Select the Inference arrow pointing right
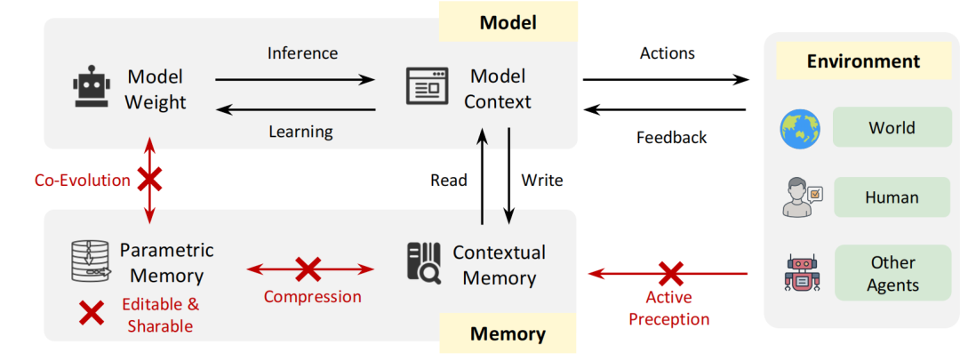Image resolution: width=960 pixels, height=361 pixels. (x=294, y=80)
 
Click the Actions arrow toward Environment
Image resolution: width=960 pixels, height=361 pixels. (x=665, y=80)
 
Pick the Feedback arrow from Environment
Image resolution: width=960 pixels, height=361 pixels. (x=665, y=109)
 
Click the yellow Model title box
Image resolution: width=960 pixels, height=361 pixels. (x=508, y=21)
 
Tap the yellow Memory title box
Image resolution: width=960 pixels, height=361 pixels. (x=508, y=334)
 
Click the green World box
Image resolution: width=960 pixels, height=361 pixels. (x=891, y=128)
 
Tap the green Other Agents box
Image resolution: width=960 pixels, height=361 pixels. (x=891, y=274)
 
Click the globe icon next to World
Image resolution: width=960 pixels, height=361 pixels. (x=797, y=129)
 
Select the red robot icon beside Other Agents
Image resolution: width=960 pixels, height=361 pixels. (x=799, y=273)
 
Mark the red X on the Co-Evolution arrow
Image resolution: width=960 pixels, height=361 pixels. (x=148, y=180)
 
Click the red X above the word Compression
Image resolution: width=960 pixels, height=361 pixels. (x=308, y=268)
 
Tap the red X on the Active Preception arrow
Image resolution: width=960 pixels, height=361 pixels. (x=670, y=273)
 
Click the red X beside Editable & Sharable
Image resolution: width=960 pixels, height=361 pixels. (x=92, y=312)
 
